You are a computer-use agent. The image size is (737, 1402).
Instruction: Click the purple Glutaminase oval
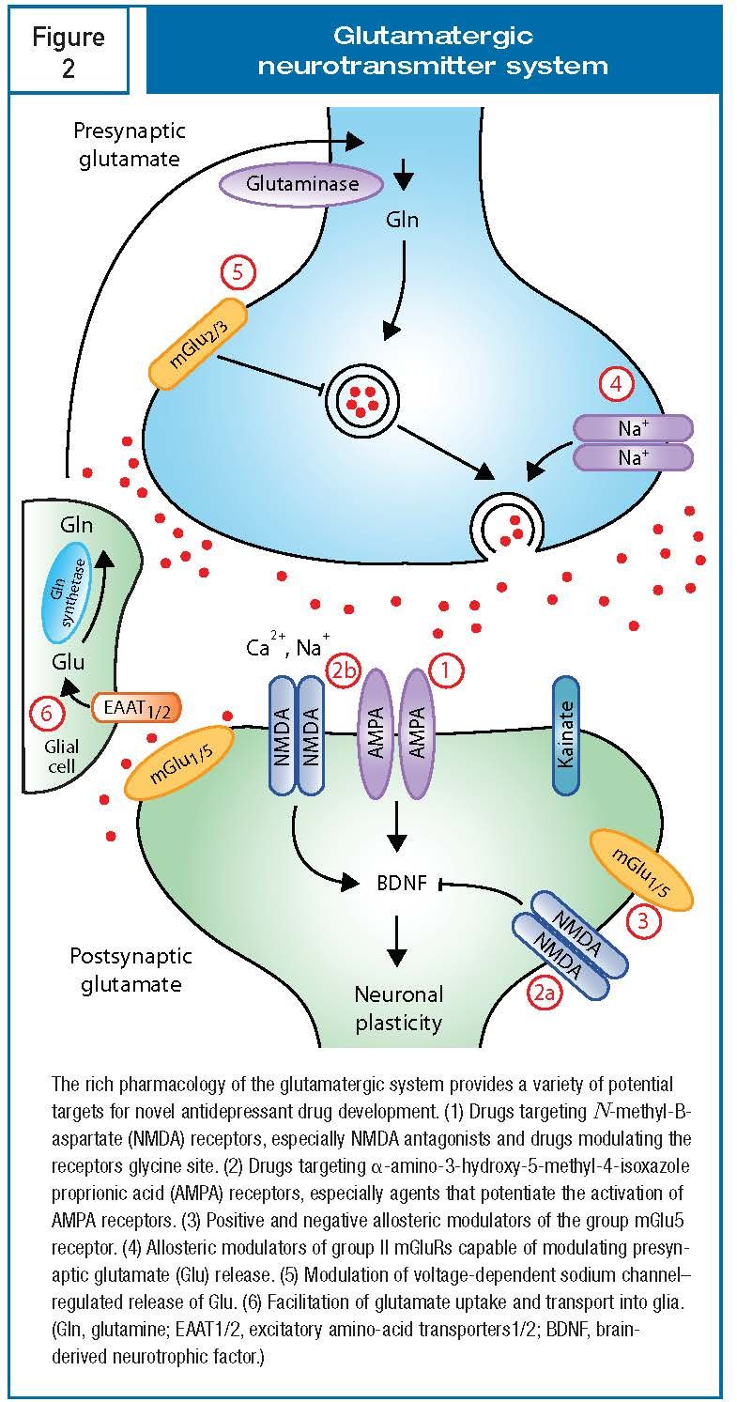[301, 184]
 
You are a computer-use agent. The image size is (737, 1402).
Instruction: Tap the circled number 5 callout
[238, 273]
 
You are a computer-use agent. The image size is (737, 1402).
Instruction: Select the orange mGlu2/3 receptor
[197, 345]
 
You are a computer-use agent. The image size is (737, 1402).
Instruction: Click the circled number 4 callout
[616, 383]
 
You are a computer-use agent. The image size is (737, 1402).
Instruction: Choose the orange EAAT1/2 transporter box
[136, 709]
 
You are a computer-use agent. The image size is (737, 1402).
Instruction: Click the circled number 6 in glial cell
[46, 714]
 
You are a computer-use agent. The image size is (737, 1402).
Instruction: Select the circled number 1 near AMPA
[446, 670]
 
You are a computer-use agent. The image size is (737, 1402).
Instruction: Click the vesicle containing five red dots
[361, 401]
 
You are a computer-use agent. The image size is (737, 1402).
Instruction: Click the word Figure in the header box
[69, 38]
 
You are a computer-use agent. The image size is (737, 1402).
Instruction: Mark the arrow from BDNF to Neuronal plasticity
[396, 940]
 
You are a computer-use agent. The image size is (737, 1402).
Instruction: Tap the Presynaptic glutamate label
[130, 145]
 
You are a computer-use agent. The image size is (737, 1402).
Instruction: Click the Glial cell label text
[61, 756]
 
